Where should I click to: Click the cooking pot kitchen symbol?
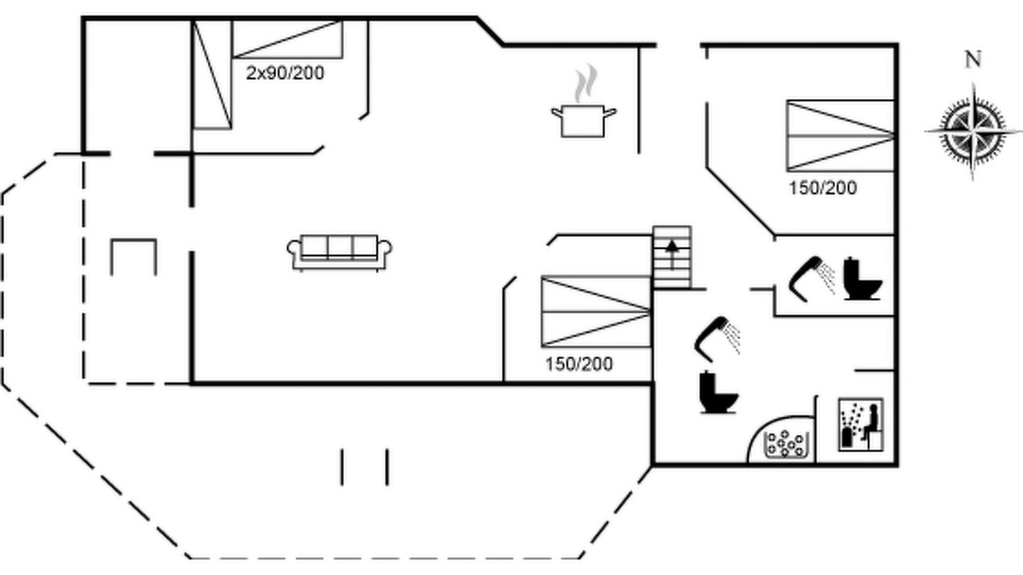click(x=583, y=121)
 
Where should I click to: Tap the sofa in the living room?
click(x=340, y=253)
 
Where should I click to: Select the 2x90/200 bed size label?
click(x=285, y=73)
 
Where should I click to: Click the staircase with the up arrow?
click(x=672, y=257)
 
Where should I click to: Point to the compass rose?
click(x=973, y=132)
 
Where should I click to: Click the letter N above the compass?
click(x=973, y=59)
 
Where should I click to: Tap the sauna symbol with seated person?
click(x=861, y=425)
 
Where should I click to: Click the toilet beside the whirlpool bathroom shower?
click(x=718, y=392)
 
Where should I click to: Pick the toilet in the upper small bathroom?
click(x=862, y=279)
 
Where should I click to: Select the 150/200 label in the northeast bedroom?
click(x=823, y=188)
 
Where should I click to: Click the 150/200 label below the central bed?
click(x=579, y=364)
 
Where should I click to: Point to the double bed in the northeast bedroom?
click(x=840, y=136)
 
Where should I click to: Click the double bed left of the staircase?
click(x=596, y=311)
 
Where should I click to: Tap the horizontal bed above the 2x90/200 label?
click(x=287, y=39)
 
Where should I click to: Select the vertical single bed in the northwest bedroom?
click(x=213, y=74)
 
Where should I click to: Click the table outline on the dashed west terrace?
click(x=133, y=257)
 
